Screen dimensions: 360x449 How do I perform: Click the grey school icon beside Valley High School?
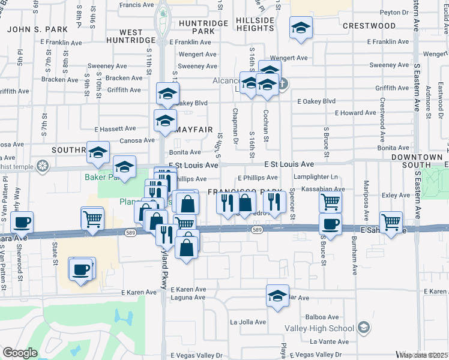pyautogui.click(x=363, y=327)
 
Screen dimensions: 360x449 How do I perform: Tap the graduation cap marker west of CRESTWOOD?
pyautogui.click(x=301, y=28)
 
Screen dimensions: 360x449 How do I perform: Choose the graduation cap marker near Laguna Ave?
pyautogui.click(x=277, y=296)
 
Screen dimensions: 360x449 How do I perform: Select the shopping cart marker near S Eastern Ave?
pyautogui.click(x=391, y=221)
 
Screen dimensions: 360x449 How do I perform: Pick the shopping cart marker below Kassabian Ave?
pyautogui.click(x=330, y=202)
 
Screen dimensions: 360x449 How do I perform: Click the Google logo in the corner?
pyautogui.click(x=20, y=353)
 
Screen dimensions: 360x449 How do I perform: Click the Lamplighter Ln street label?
pyautogui.click(x=317, y=178)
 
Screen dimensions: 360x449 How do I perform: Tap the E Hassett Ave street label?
pyautogui.click(x=115, y=128)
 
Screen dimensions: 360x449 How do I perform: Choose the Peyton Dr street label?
pyautogui.click(x=394, y=11)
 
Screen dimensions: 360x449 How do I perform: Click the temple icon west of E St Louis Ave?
pyautogui.click(x=42, y=165)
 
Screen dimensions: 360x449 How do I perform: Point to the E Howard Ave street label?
pyautogui.click(x=355, y=113)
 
